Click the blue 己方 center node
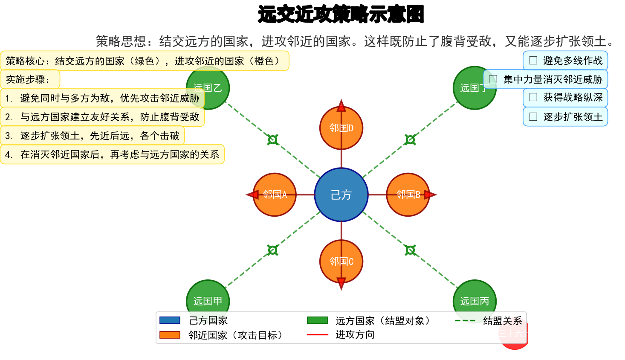point(341,195)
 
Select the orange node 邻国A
point(275,195)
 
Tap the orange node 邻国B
point(408,195)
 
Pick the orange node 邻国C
point(341,261)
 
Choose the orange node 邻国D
point(341,128)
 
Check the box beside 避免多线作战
point(533,61)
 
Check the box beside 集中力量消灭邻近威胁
point(493,79)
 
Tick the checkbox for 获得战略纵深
point(533,98)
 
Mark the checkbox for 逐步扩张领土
point(533,116)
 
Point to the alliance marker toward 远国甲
point(273,250)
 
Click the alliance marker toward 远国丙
point(410,250)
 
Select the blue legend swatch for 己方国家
point(170,320)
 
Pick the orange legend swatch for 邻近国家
point(170,335)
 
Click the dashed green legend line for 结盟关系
point(465,321)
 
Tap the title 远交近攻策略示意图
point(341,15)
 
